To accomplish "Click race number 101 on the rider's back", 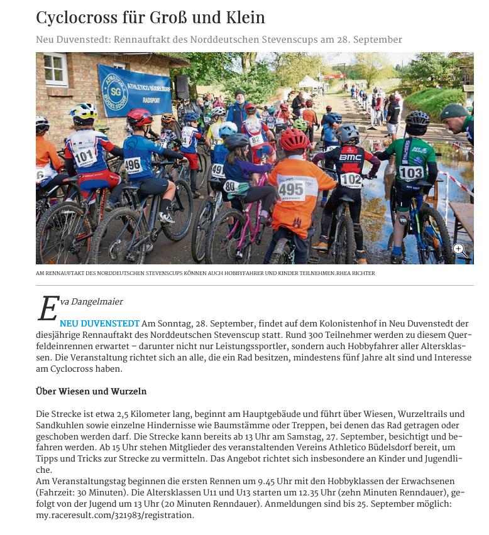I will tap(85, 156).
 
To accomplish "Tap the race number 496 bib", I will tap(133, 165).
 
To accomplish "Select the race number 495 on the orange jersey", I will tap(291, 188).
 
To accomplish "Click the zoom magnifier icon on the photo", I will tap(458, 249).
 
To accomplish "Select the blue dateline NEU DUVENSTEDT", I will tap(99, 323).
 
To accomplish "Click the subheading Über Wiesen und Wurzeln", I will tap(91, 391).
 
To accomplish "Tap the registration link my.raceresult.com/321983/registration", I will tap(115, 515).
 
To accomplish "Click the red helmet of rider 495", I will tap(294, 139).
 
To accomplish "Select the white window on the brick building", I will tap(55, 70).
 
